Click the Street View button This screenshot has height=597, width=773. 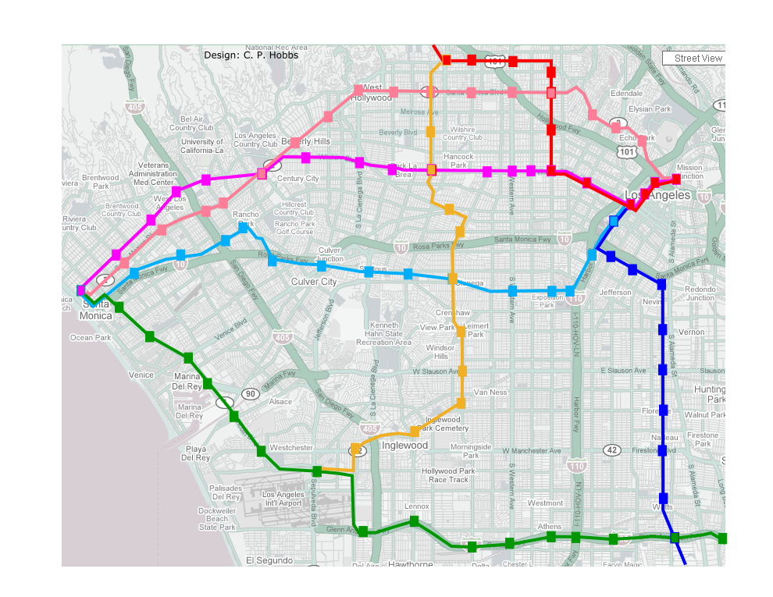click(x=693, y=59)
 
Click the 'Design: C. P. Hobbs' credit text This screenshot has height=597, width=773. click(x=251, y=55)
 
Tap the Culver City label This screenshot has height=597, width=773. click(x=314, y=282)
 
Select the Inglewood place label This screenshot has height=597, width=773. click(x=405, y=446)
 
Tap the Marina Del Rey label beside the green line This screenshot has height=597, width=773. click(x=187, y=381)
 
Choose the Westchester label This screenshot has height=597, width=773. click(x=290, y=448)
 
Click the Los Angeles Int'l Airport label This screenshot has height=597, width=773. click(x=283, y=499)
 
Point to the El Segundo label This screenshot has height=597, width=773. click(x=269, y=560)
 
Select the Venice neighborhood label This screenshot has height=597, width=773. click(x=141, y=375)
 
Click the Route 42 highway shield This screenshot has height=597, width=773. click(x=612, y=450)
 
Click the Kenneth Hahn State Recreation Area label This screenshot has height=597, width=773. click(x=383, y=333)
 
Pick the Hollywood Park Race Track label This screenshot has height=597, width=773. click(x=449, y=475)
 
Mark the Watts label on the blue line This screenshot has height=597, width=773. click(x=662, y=508)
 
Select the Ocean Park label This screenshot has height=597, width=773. click(x=92, y=338)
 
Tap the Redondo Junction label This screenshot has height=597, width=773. click(x=700, y=293)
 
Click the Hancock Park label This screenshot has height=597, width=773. click(x=458, y=161)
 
